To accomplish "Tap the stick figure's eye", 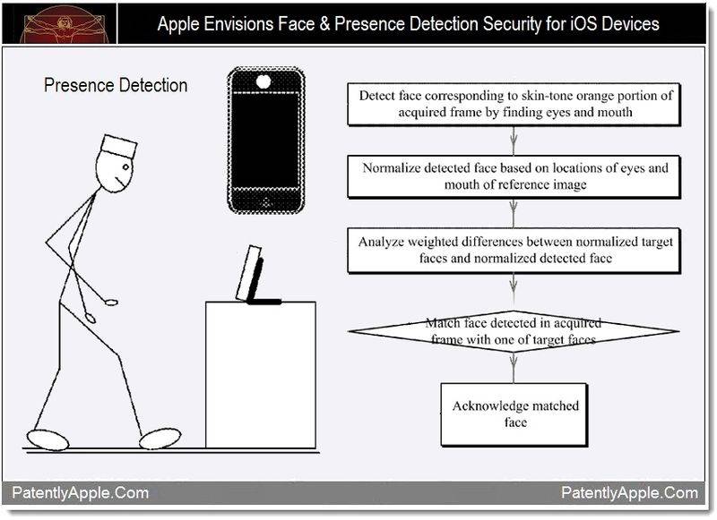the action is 126,166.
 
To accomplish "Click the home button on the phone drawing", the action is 266,201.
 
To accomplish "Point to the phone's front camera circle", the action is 263,81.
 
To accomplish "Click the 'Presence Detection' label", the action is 116,85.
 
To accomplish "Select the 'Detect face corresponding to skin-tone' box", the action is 514,104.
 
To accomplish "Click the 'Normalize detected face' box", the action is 514,176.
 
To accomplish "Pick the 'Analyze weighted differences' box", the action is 514,251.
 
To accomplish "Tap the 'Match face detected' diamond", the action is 514,331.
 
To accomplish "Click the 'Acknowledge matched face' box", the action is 514,414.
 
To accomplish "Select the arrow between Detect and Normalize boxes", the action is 514,141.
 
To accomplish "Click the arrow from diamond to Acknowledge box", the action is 514,368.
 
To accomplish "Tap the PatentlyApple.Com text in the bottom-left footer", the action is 81,493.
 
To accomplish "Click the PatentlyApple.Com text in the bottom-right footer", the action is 630,493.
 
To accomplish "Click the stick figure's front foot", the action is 160,438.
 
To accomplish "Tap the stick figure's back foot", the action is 48,439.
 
